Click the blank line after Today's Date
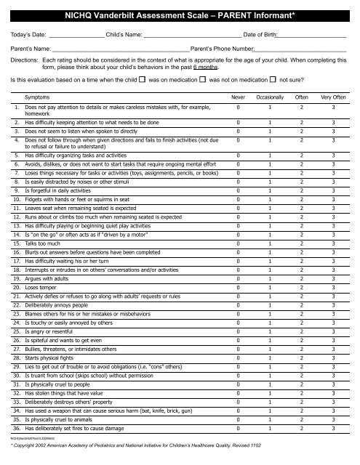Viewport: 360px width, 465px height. pos(77,36)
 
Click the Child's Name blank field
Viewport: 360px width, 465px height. pos(192,36)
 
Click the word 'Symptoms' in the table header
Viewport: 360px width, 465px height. pos(37,96)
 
